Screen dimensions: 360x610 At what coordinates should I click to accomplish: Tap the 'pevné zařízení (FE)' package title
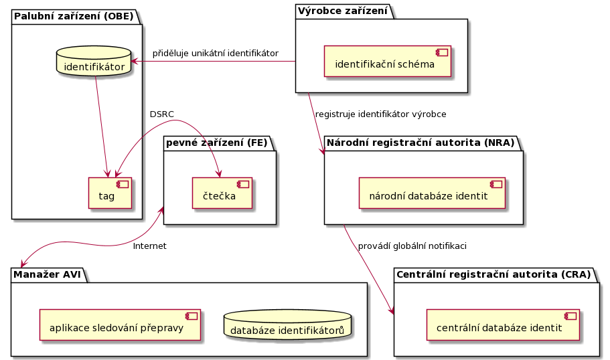216,142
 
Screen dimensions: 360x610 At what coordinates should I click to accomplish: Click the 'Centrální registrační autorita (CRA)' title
493,274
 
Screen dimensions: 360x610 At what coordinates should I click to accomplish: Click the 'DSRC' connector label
161,114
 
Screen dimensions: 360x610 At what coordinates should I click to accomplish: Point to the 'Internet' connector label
149,246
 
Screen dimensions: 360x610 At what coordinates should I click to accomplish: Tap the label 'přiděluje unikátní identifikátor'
215,53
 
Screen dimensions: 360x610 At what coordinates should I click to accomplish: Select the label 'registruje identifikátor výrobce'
380,114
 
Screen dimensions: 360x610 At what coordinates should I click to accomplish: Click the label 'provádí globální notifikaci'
412,246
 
